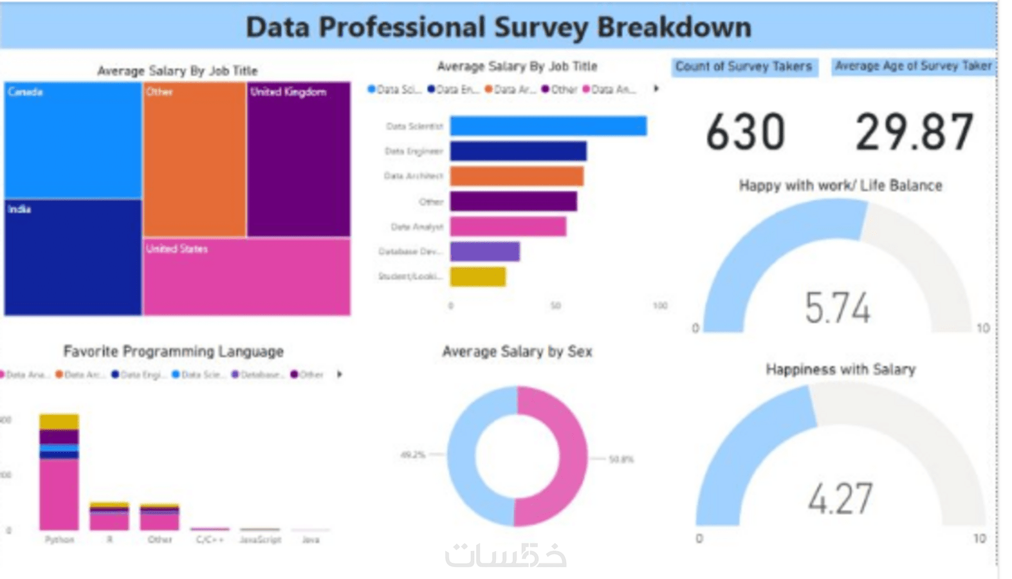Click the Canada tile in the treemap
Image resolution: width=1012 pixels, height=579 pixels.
(x=73, y=140)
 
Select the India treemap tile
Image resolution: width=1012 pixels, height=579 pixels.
(x=73, y=257)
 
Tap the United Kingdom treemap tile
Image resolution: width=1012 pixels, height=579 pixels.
(x=298, y=159)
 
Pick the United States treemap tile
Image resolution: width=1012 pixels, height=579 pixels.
(x=246, y=277)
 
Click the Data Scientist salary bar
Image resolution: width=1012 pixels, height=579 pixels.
(x=548, y=126)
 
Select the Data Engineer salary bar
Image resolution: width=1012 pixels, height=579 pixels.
(x=518, y=151)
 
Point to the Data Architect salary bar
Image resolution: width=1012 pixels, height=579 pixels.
(x=516, y=176)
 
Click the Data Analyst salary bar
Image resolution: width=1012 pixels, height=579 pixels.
(x=508, y=226)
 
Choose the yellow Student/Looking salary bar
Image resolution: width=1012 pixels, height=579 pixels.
(x=477, y=277)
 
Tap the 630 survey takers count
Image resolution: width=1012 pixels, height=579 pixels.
(x=745, y=132)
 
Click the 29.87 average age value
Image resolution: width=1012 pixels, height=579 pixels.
(x=914, y=132)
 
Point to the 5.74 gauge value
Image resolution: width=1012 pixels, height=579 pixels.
(x=838, y=308)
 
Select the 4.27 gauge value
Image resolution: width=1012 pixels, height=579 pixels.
(x=839, y=499)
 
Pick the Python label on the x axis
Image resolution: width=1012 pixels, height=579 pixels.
(x=60, y=540)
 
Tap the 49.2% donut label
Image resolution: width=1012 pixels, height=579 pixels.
(x=413, y=455)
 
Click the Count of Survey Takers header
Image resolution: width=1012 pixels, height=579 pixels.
(x=744, y=66)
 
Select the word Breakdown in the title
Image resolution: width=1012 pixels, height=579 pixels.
(x=674, y=27)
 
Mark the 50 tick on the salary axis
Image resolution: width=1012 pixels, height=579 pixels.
(x=555, y=306)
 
